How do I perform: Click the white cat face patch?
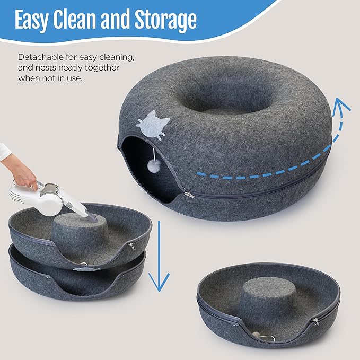click(153, 122)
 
